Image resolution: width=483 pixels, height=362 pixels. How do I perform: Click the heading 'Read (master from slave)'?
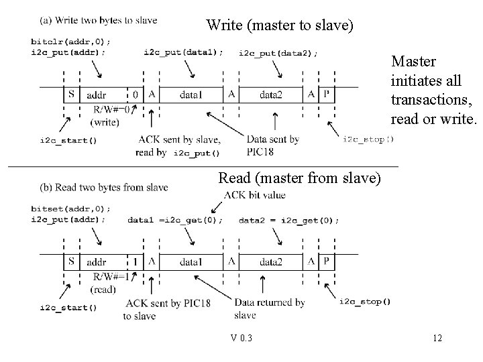300,178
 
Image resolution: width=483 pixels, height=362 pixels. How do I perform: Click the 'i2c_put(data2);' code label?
278,52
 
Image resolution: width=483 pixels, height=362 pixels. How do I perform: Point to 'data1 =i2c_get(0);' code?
174,220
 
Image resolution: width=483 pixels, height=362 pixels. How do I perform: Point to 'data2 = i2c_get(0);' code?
288,220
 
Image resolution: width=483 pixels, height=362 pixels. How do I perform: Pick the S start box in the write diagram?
71,95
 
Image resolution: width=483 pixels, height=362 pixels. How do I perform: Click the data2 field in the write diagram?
270,95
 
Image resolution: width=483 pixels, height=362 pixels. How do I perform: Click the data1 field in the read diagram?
191,261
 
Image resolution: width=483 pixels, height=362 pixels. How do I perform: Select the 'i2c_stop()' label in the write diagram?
368,139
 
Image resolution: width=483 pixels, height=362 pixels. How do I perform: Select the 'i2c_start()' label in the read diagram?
68,308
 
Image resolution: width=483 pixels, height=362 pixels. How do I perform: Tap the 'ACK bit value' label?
254,195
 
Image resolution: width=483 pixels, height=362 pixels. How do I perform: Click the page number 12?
437,338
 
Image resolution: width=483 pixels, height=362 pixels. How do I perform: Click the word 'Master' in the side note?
413,62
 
